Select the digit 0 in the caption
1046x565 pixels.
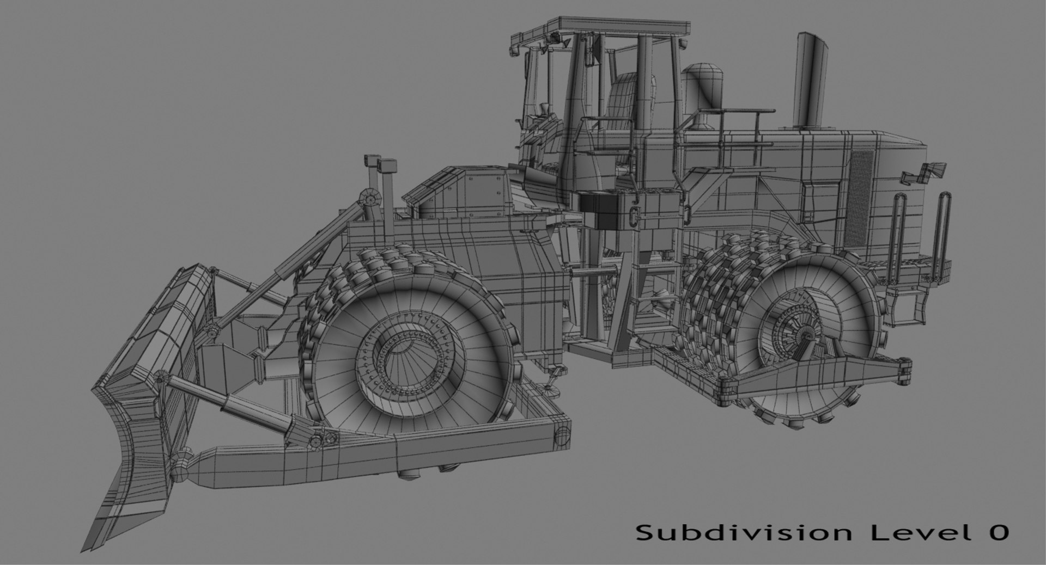[x=999, y=532]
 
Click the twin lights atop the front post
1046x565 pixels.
[x=381, y=163]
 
